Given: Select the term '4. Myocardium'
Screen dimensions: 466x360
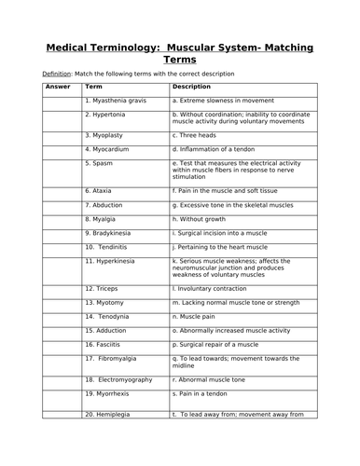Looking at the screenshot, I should [x=111, y=148].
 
